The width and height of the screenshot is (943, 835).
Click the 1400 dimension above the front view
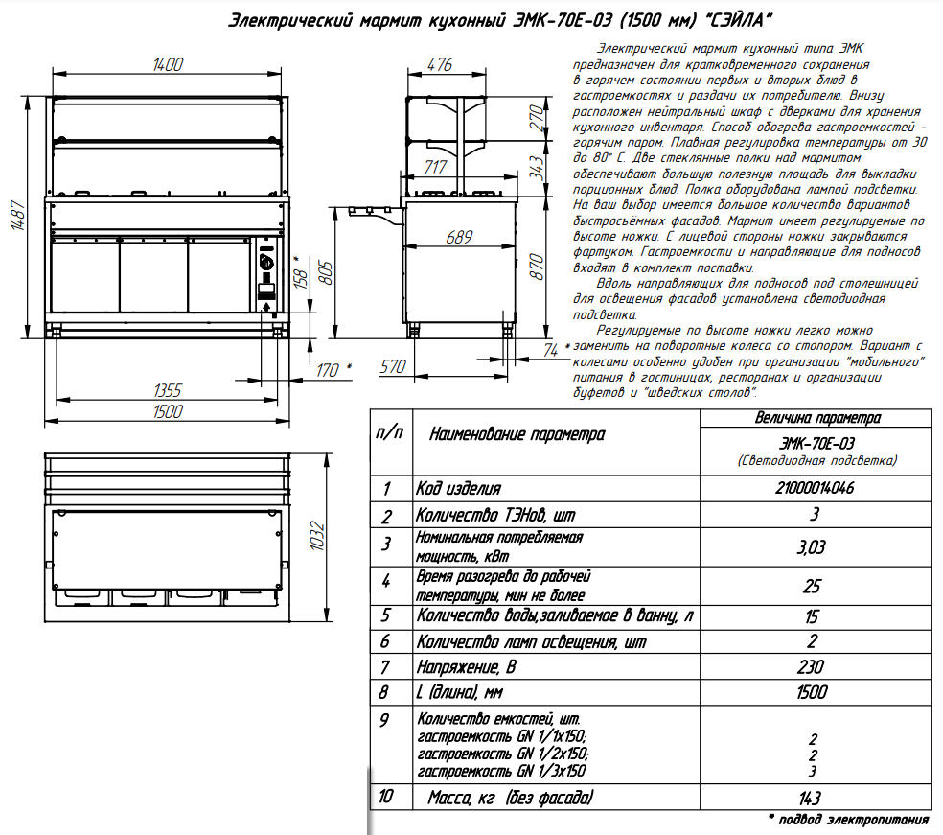[x=167, y=64]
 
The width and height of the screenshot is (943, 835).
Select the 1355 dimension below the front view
[x=168, y=390]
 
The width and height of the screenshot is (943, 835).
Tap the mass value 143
[x=814, y=798]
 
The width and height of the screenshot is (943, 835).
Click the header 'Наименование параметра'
[x=517, y=434]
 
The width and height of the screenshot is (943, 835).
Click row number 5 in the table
[x=386, y=615]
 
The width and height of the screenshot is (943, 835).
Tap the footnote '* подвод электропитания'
[x=848, y=820]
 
